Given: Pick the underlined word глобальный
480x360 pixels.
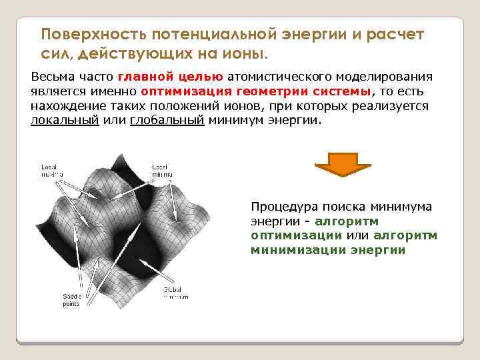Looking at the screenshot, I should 166,121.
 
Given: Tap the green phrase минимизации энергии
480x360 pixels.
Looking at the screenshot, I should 328,250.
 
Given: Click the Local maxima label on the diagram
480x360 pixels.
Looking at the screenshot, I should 50,170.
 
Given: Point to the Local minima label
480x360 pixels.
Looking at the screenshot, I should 162,170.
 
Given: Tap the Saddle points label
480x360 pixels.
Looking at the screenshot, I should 72,299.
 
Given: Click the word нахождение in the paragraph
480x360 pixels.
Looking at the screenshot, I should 64,107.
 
